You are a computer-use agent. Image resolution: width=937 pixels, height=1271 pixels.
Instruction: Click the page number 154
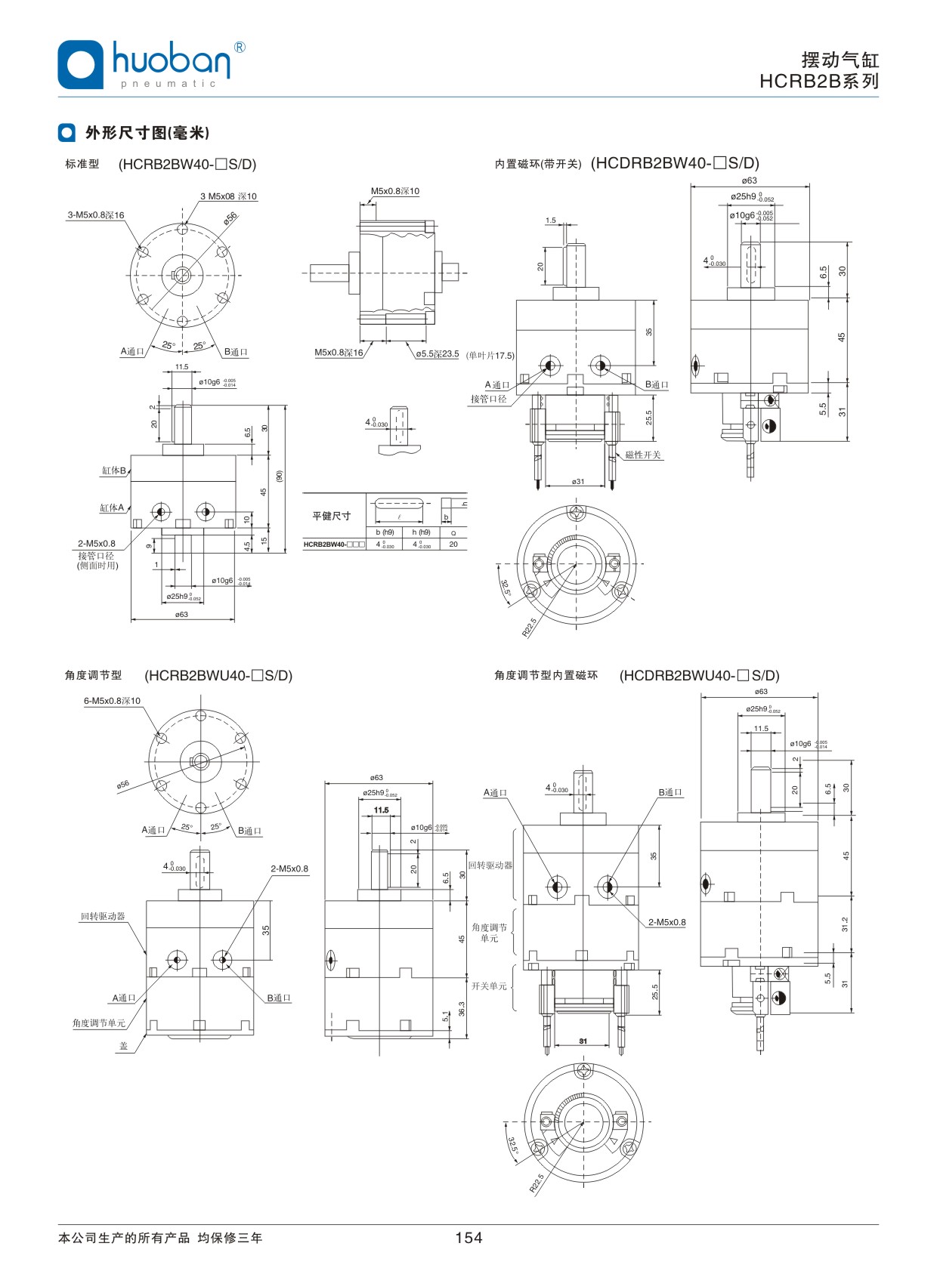click(x=468, y=1237)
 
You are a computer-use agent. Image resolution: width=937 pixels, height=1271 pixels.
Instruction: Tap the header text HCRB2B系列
click(x=819, y=82)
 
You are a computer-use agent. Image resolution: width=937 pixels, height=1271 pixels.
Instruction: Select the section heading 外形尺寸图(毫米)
click(x=147, y=133)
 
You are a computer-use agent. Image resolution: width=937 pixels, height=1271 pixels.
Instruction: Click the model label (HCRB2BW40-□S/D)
click(x=187, y=164)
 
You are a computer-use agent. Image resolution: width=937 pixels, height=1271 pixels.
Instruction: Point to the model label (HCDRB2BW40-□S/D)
click(x=675, y=163)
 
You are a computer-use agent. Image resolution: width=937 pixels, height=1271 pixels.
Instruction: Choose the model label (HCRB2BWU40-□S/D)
click(x=218, y=675)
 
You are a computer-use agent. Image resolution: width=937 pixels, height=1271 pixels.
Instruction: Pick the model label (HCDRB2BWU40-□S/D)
click(x=699, y=675)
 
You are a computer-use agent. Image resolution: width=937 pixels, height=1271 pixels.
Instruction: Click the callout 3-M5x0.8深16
click(x=95, y=215)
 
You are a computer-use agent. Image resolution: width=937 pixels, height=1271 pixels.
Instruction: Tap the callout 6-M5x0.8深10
click(x=112, y=701)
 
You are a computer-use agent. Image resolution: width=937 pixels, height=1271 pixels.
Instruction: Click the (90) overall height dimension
click(x=280, y=477)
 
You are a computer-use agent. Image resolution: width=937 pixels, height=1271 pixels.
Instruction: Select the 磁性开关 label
click(x=643, y=455)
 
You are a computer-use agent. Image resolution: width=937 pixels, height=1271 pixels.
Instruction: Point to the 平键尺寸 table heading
click(x=332, y=516)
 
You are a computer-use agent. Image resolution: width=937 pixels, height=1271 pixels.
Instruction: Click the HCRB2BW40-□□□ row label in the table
click(x=334, y=544)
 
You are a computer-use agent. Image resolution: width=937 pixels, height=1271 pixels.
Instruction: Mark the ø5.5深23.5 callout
click(x=437, y=353)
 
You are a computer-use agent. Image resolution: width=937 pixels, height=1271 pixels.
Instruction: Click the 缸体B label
click(x=113, y=470)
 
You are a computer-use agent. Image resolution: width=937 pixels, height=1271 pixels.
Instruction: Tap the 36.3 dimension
click(x=462, y=1009)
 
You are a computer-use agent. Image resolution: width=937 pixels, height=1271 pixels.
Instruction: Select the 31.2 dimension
click(x=845, y=924)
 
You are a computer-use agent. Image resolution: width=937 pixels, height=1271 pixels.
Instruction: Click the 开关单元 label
click(x=489, y=986)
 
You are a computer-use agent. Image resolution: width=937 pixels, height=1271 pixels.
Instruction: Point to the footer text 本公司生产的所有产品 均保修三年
click(x=160, y=1238)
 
